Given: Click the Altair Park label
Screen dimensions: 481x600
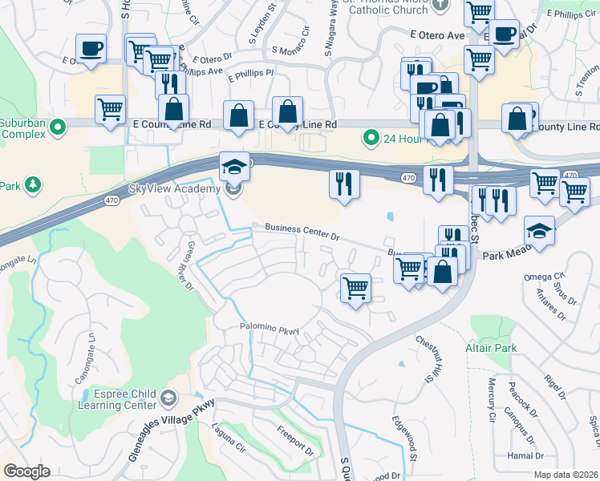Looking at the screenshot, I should click(x=491, y=348).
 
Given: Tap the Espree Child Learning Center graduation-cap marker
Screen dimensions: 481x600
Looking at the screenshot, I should click(x=168, y=398).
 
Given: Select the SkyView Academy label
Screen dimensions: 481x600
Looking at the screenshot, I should click(x=174, y=188).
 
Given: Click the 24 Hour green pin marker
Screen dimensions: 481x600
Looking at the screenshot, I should click(x=371, y=138).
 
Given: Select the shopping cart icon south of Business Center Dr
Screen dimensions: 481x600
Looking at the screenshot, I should click(x=355, y=287).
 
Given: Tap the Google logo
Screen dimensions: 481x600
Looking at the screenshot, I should click(x=26, y=471).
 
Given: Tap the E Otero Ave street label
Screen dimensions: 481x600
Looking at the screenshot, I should click(x=437, y=35).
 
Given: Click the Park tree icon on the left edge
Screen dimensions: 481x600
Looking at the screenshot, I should click(x=33, y=185).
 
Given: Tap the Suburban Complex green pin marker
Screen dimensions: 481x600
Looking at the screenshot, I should click(x=58, y=127).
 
